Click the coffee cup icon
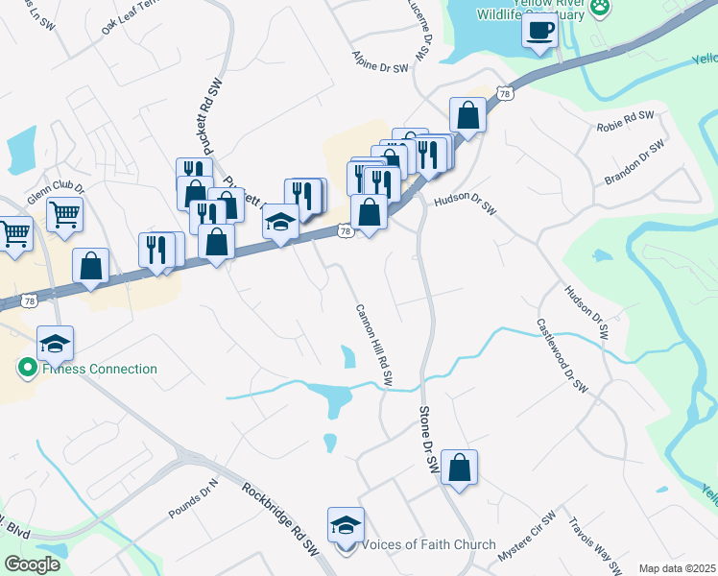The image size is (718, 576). coord(539,30)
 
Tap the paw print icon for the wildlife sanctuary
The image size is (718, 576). coord(601,6)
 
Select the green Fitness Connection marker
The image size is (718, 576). coord(27,368)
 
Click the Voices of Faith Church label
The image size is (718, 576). coord(428,545)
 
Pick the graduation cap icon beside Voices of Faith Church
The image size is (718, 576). coord(346,525)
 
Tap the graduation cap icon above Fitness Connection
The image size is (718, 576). coord(55,344)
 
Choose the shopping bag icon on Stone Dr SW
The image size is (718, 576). coord(460,468)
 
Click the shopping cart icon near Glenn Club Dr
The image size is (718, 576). coord(64,215)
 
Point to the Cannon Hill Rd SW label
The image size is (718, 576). coord(374,346)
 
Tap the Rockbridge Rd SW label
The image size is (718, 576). coord(280,517)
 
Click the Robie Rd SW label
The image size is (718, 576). coord(625,121)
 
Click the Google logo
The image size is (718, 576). coord(32,564)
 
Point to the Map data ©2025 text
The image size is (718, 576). coord(678,568)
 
